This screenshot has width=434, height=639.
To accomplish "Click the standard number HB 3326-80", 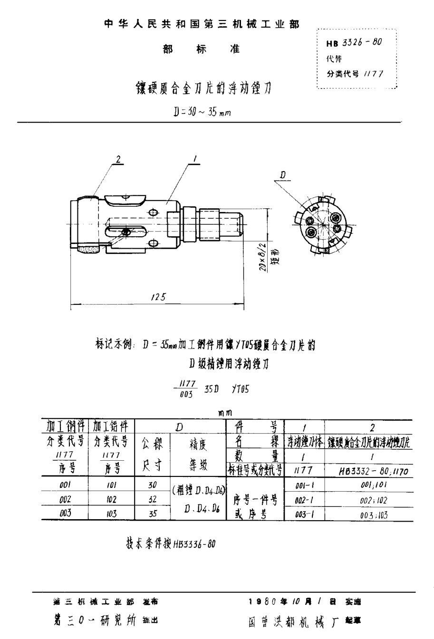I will tap(354, 43).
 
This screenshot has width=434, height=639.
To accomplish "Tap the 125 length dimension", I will tap(157, 297).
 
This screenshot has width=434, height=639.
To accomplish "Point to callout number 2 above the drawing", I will tap(116, 159).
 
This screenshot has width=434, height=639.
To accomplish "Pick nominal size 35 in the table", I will tap(152, 513).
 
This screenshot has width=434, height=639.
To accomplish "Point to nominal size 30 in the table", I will tap(152, 486).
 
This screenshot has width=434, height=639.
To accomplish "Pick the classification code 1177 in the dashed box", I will tap(373, 74).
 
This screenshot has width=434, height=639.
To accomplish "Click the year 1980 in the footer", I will tap(267, 602).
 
